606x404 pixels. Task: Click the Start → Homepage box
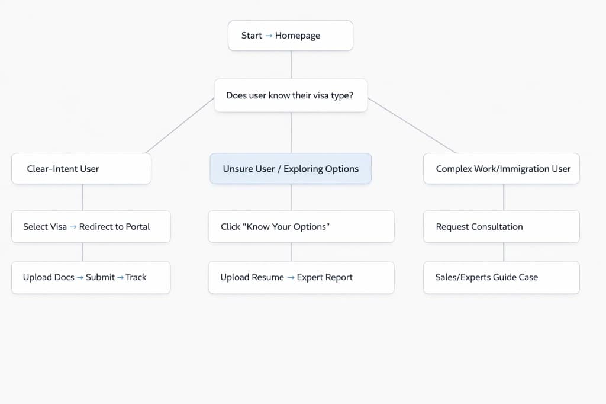click(x=291, y=36)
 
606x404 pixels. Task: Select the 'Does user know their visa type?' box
click(x=291, y=95)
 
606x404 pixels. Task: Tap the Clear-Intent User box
click(x=81, y=169)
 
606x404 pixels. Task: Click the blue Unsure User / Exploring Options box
click(x=291, y=169)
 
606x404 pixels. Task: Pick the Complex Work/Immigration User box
click(x=501, y=169)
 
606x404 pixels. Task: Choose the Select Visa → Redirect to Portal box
click(x=91, y=226)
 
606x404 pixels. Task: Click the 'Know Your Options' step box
click(x=301, y=226)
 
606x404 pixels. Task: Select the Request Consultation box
click(x=501, y=226)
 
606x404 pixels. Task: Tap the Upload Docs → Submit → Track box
click(x=91, y=277)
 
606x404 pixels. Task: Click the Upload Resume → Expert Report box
click(x=301, y=277)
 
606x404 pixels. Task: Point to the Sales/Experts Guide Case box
click(x=501, y=277)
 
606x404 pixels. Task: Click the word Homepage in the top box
click(x=298, y=36)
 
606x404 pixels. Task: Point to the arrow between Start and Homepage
click(x=269, y=36)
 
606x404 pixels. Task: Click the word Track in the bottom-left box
click(x=136, y=277)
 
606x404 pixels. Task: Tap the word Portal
click(x=137, y=226)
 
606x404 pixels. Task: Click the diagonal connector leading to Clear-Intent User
click(x=179, y=126)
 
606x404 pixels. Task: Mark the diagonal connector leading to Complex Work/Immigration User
click(x=411, y=126)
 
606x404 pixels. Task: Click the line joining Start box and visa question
click(x=291, y=65)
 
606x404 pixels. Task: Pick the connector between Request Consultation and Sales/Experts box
click(x=504, y=252)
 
